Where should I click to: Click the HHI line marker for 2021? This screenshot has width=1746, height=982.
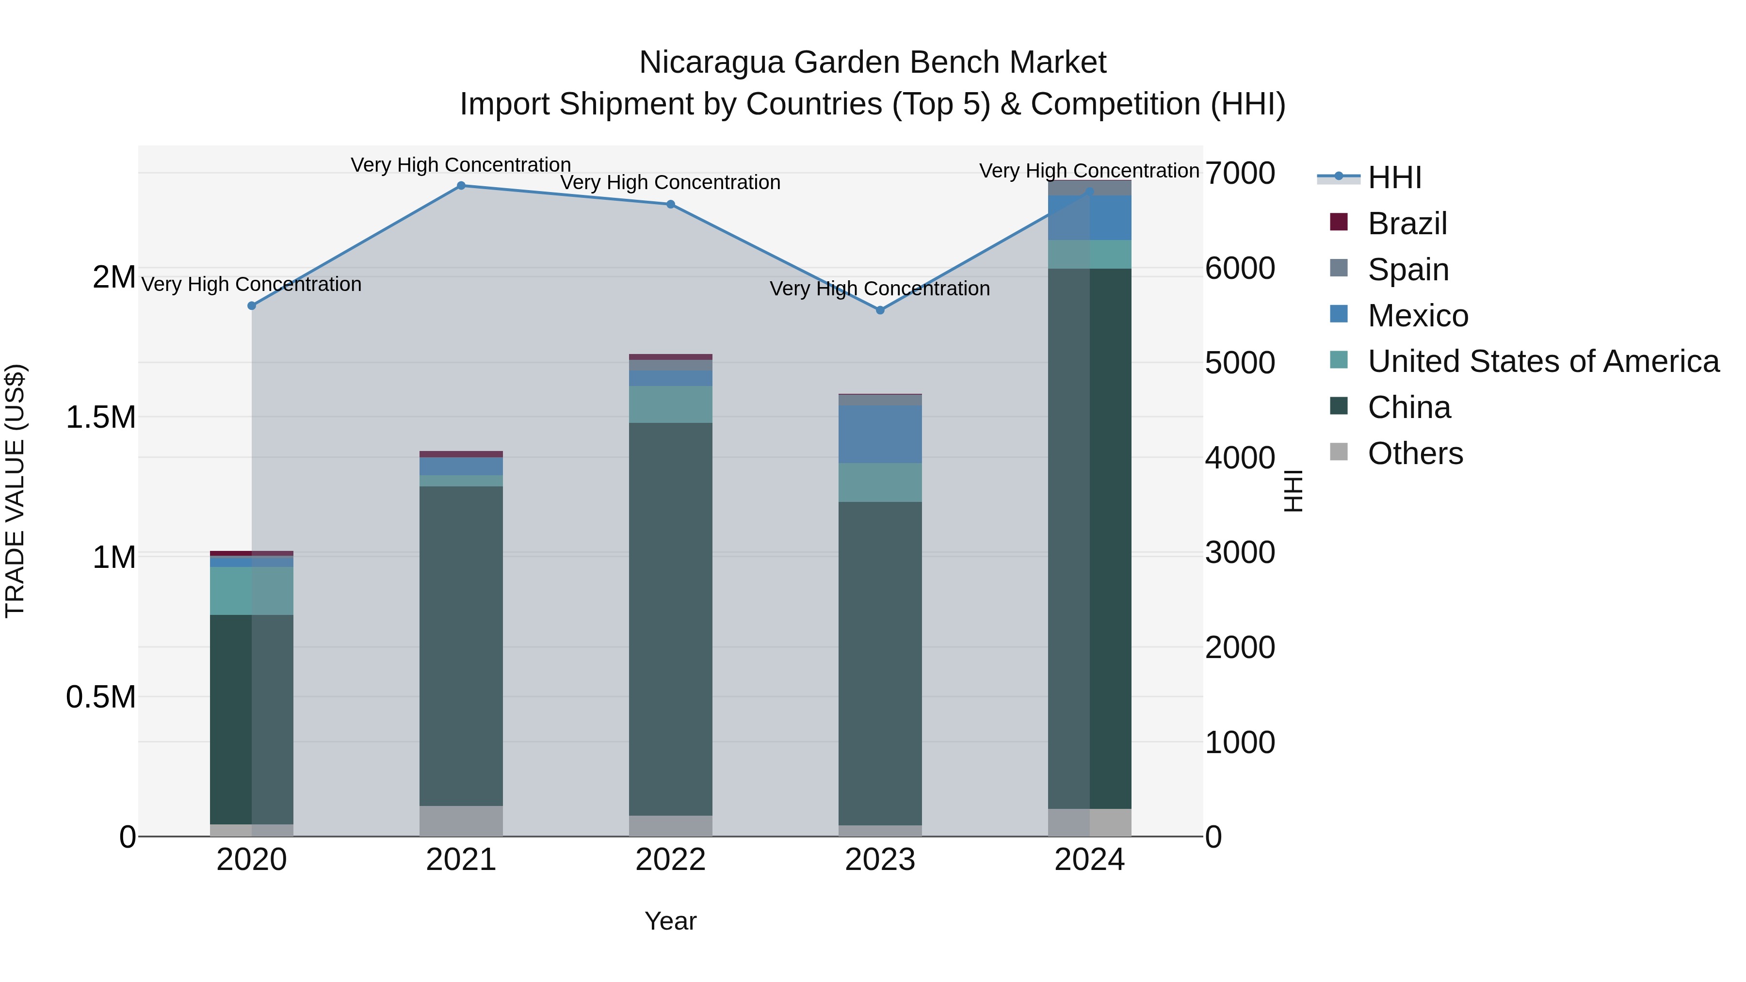tap(461, 186)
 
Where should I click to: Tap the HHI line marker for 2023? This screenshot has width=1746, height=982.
tap(880, 310)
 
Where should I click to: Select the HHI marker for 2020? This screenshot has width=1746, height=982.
tap(251, 306)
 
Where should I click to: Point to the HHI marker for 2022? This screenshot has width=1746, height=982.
tap(670, 204)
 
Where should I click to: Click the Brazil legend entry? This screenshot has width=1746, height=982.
tap(1407, 224)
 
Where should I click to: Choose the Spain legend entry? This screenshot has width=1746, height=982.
tap(1408, 270)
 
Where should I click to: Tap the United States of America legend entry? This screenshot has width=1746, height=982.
tap(1543, 361)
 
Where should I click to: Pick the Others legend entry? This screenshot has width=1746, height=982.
tap(1415, 453)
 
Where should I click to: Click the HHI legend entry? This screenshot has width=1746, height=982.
tap(1394, 177)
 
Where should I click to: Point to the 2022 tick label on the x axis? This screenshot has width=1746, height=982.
tap(670, 860)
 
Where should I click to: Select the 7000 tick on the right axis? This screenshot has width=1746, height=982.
tap(1240, 174)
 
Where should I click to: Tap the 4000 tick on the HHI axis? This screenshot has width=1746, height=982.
tap(1240, 458)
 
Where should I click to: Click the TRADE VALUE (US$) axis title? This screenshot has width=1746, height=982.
tap(15, 491)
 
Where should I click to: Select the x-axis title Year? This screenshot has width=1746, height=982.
tap(670, 921)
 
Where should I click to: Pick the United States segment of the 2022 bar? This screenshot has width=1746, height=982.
tap(670, 404)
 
